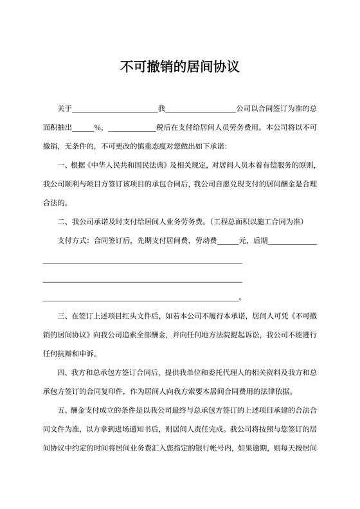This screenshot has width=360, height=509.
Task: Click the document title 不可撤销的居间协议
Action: pyautogui.click(x=179, y=66)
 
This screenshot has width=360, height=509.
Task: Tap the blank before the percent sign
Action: pyautogui.click(x=83, y=127)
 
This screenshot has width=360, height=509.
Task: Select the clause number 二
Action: pyautogui.click(x=61, y=223)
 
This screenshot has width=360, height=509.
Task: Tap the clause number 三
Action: pyautogui.click(x=61, y=316)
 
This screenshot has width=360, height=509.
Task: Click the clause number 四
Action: pyautogui.click(x=61, y=373)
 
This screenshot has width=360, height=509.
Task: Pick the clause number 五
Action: pyautogui.click(x=61, y=410)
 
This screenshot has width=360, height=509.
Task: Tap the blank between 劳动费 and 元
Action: pyautogui.click(x=228, y=242)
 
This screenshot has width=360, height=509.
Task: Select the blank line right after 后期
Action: pyautogui.click(x=292, y=242)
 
